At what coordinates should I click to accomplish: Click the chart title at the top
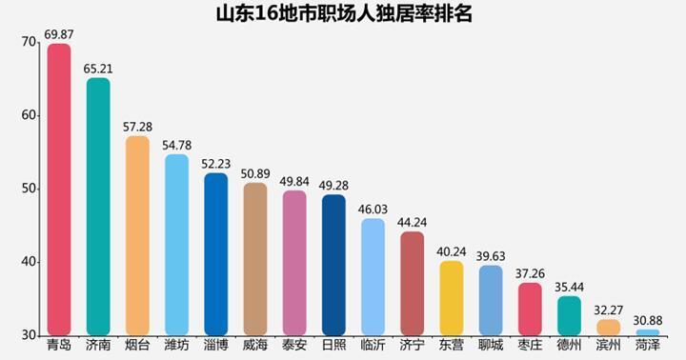[x=344, y=14]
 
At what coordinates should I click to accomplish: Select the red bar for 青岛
[x=59, y=190]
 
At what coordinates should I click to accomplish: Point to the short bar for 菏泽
[x=648, y=332]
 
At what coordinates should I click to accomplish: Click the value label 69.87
[x=59, y=34]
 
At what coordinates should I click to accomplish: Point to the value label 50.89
[x=255, y=173]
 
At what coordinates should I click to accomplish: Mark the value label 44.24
[x=412, y=222]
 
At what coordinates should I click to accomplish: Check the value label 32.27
[x=609, y=310]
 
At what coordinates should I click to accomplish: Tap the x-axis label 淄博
[x=215, y=345]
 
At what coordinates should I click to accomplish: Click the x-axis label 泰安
[x=294, y=345]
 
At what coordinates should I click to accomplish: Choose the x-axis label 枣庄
[x=530, y=345]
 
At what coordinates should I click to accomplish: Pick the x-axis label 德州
[x=569, y=345]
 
